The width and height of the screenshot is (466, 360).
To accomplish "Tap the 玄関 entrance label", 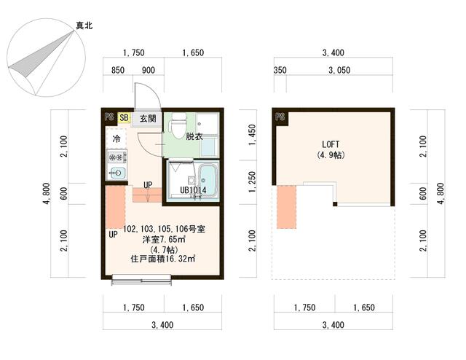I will (x=148, y=118).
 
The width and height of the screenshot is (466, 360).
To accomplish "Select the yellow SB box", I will (x=124, y=117).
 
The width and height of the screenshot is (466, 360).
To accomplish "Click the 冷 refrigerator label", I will (x=116, y=138).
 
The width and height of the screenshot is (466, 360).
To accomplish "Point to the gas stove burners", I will (x=116, y=156).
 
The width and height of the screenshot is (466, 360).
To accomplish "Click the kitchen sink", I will (x=116, y=173).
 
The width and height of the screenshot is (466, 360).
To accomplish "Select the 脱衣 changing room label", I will (x=194, y=136).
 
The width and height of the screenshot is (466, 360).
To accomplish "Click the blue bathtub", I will (x=208, y=178).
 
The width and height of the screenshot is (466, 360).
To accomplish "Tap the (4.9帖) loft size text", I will (x=330, y=155).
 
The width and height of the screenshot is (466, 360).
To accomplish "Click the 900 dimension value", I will (x=148, y=71).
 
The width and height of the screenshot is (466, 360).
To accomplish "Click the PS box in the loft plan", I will (x=280, y=117).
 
